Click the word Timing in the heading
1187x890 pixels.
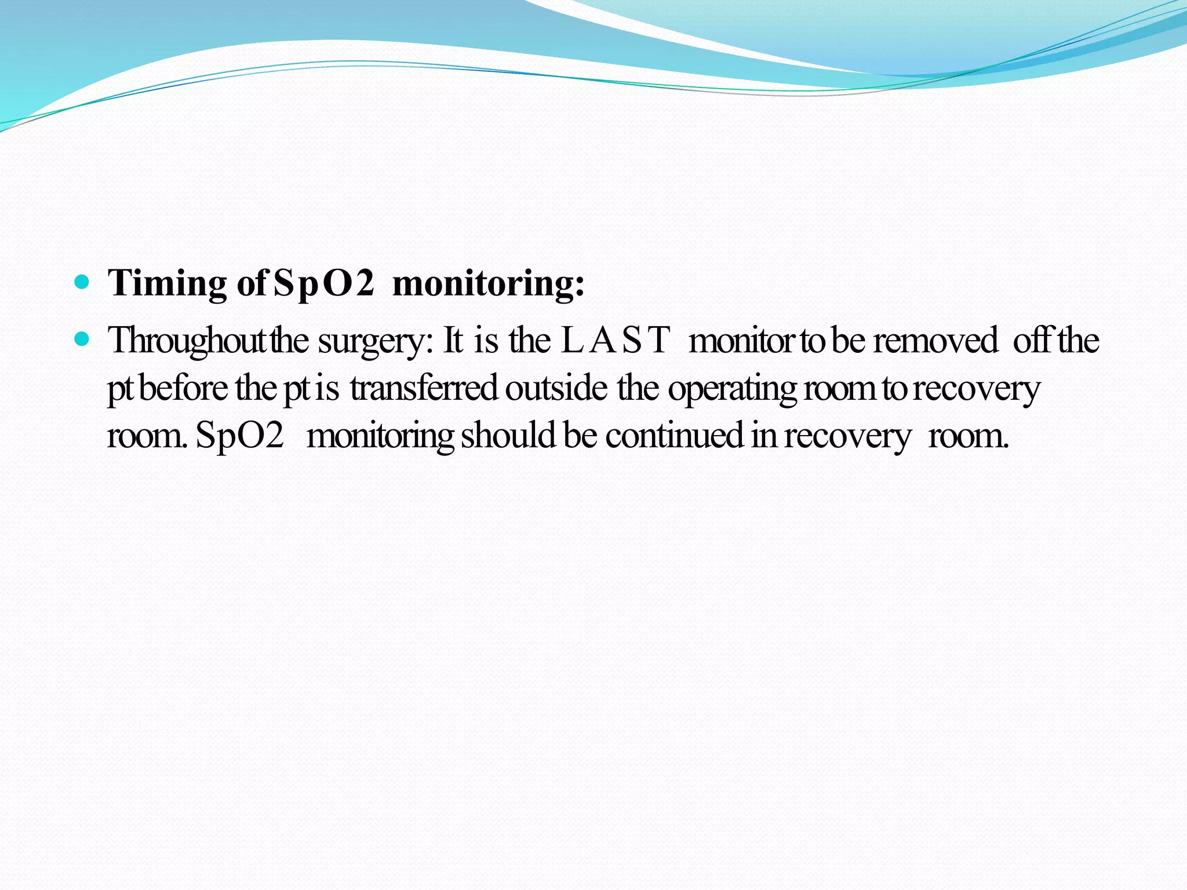(167, 284)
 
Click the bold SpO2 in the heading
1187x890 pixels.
(323, 284)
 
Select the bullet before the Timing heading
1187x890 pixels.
(83, 283)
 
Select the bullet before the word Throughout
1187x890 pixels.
(83, 339)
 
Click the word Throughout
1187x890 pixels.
(187, 341)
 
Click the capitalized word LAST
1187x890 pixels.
(616, 341)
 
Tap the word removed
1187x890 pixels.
(935, 341)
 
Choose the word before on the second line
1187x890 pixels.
(184, 388)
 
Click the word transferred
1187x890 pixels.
(424, 388)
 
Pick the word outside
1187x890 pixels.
(556, 388)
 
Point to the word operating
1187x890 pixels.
(733, 388)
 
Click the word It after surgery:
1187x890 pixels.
(453, 341)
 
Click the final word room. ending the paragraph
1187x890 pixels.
(968, 436)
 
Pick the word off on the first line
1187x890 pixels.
(1032, 341)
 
